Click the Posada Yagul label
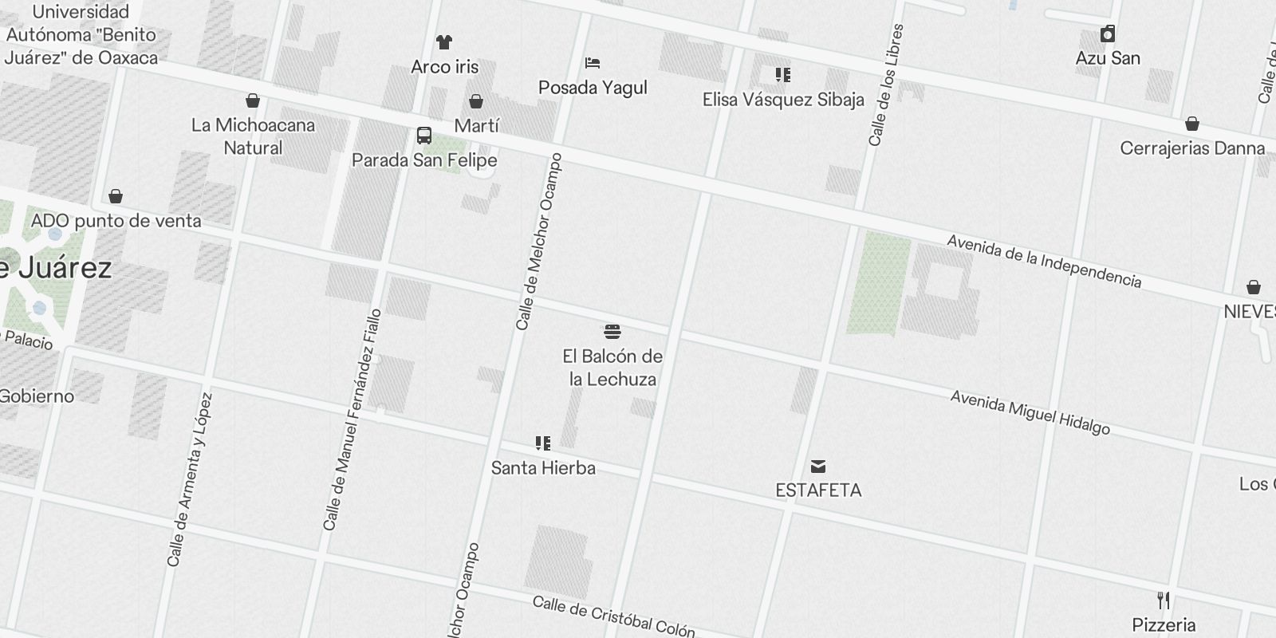[x=593, y=88]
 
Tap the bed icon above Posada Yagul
[x=592, y=63]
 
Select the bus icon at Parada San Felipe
[x=424, y=136]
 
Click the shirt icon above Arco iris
[x=444, y=42]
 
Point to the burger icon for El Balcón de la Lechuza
[x=612, y=331]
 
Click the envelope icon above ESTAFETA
[x=818, y=466]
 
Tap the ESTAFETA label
[x=818, y=490]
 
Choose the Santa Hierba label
[x=543, y=467]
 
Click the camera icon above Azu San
[x=1108, y=34]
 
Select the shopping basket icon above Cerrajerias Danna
[x=1192, y=124]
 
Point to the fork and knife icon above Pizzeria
[x=1164, y=600]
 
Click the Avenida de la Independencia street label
[x=1044, y=261]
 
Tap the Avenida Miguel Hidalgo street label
[x=1030, y=412]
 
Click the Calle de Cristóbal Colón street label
[x=613, y=616]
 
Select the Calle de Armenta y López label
[x=190, y=480]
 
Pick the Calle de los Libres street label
[x=887, y=85]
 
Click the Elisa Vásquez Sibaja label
[x=783, y=100]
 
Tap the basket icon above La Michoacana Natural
[x=253, y=100]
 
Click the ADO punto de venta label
[x=116, y=221]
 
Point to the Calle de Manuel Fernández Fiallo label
[x=352, y=419]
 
